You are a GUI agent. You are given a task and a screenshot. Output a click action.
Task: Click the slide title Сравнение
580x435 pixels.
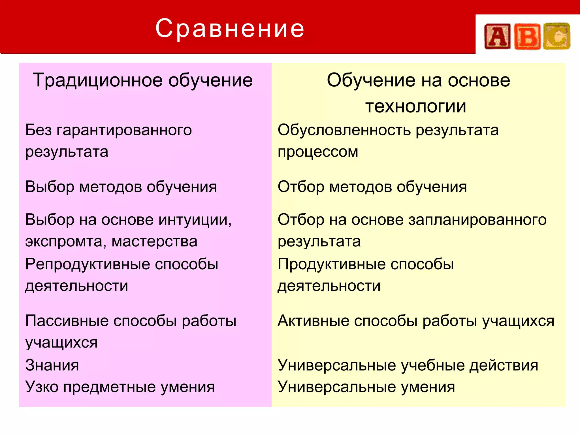pyautogui.click(x=230, y=28)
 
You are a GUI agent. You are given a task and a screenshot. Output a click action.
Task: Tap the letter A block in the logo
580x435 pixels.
pyautogui.click(x=498, y=37)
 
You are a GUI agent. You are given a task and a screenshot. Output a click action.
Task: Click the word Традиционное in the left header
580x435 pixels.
pyautogui.click(x=98, y=80)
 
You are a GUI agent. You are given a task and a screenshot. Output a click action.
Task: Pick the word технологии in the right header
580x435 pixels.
pyautogui.click(x=416, y=106)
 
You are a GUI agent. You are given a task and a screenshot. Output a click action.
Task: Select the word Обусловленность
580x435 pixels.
pyautogui.click(x=344, y=130)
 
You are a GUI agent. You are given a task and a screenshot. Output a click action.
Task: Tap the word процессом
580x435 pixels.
pyautogui.click(x=318, y=152)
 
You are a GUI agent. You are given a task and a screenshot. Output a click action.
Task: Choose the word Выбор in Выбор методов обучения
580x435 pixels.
pyautogui.click(x=50, y=187)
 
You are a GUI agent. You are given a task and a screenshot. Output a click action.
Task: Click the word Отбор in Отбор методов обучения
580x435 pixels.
pyautogui.click(x=301, y=187)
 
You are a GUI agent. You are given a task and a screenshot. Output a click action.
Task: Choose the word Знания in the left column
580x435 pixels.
pyautogui.click(x=52, y=365)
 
